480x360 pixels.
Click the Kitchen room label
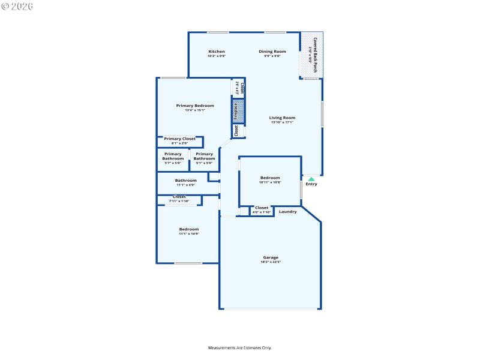tap(217, 52)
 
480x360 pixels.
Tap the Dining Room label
tap(272, 52)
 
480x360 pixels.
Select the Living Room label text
tap(282, 118)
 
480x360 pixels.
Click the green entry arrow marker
tap(311, 178)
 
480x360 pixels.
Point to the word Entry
tap(311, 184)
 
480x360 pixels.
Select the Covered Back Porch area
tap(311, 55)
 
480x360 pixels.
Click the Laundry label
tap(288, 211)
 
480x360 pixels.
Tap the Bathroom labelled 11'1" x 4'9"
tap(185, 182)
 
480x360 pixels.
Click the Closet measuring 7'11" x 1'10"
tap(179, 199)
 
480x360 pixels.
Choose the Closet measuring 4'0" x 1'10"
tap(262, 210)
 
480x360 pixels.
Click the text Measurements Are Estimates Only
tap(240, 348)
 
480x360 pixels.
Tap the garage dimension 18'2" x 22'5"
tap(271, 262)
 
